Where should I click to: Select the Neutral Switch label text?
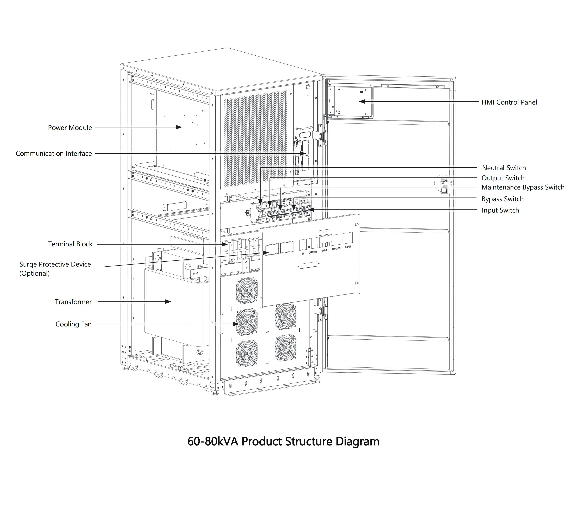click(504, 168)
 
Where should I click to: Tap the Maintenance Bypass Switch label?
click(522, 187)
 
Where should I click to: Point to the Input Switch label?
click(500, 210)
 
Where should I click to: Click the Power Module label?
click(70, 128)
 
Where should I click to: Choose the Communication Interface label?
click(54, 154)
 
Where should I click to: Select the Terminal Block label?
click(70, 244)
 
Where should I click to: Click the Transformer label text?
click(73, 302)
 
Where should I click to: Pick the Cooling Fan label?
click(73, 324)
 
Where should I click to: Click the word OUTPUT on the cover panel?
click(313, 252)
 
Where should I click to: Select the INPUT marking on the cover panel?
click(348, 247)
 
